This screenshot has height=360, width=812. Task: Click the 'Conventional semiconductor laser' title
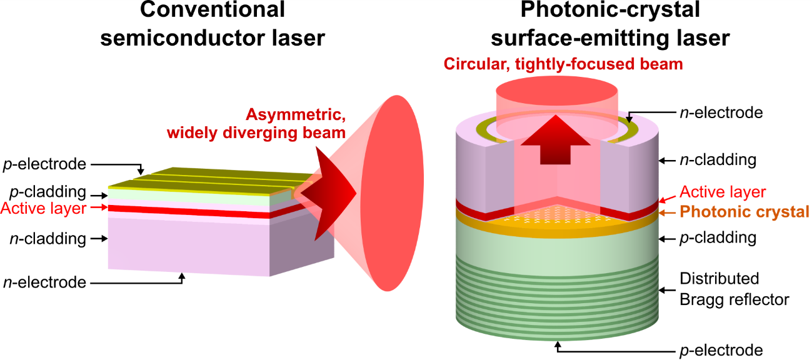click(x=212, y=24)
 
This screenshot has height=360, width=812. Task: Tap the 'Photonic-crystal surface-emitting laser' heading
click(x=609, y=24)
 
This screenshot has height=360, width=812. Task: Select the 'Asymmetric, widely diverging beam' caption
click(x=294, y=123)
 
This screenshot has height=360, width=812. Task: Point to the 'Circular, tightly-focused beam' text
click(x=563, y=63)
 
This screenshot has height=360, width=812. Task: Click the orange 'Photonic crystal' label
click(x=744, y=212)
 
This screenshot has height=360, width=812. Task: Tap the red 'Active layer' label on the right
click(x=722, y=191)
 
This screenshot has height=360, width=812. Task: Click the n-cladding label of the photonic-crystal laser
click(x=718, y=160)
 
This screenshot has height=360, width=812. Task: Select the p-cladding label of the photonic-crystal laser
click(x=718, y=238)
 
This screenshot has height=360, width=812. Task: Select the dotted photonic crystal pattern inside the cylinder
click(x=556, y=216)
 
